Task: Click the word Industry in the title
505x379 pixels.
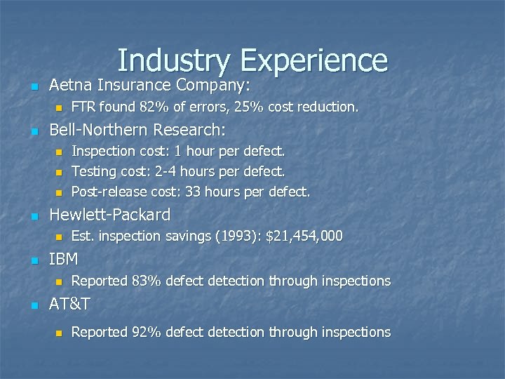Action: (173, 60)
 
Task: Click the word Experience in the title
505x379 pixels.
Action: (314, 60)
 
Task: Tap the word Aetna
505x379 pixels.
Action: (69, 86)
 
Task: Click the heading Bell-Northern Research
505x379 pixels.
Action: (137, 130)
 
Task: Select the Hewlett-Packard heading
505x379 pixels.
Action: (109, 215)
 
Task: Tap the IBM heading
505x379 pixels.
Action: (63, 259)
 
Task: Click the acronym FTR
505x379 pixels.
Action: (84, 107)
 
